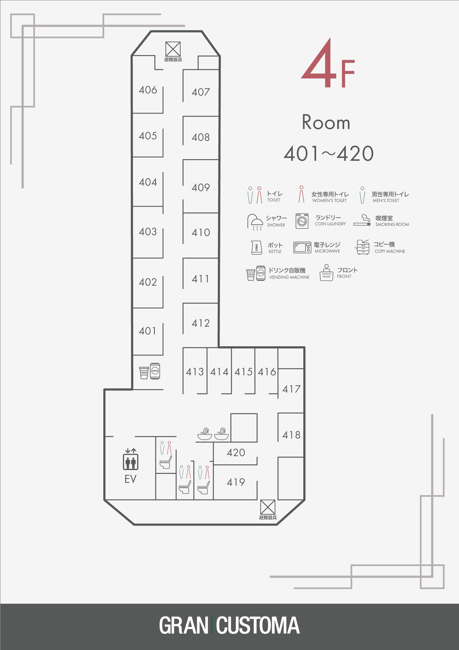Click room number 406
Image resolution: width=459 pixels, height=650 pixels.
pos(148,90)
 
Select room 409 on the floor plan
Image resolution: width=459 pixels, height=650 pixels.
pos(201,187)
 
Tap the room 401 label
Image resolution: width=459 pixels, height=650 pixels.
pos(147,331)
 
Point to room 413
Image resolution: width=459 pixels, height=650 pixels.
pos(195,371)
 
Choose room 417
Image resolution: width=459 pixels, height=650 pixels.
pos(291,389)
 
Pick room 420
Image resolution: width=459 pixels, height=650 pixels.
pos(236,452)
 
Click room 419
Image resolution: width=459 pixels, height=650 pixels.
pos(236,482)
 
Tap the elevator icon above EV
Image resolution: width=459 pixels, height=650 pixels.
pos(131,459)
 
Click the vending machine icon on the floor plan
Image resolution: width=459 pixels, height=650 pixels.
pos(150,371)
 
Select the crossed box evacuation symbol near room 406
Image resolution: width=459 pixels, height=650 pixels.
pos(173,49)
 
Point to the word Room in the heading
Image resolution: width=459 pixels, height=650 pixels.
pos(326,122)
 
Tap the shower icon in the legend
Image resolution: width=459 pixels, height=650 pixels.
pos(255,222)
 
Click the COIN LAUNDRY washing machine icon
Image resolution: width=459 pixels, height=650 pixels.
pos(302,221)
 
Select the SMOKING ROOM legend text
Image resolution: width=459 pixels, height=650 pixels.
pos(392,224)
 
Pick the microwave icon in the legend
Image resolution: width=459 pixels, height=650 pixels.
pos(302,247)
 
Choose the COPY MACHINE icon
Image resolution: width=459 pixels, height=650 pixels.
pos(363,247)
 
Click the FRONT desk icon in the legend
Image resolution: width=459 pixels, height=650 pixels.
pos(326,273)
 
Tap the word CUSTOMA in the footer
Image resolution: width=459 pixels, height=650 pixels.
pos(258,626)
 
